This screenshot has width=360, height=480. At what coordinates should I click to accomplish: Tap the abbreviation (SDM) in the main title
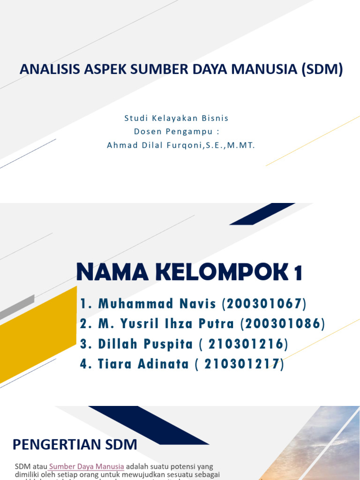click(322, 69)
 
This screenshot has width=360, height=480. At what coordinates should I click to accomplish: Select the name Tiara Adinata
click(143, 364)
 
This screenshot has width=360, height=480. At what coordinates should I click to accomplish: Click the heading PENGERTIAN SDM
click(75, 444)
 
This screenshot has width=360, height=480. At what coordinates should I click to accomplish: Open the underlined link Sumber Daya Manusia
click(87, 466)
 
